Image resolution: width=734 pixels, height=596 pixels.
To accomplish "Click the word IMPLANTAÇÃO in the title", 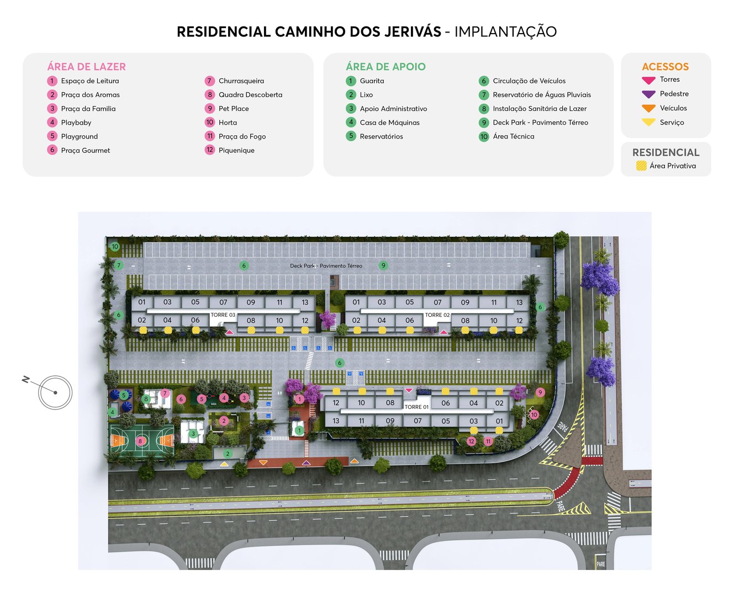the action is coord(505,31).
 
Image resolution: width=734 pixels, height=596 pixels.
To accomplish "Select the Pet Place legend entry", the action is coord(234,109).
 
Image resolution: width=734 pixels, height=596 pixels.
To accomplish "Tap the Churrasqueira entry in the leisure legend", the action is coord(241,81).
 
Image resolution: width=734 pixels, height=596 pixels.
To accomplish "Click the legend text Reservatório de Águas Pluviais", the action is coord(541,95).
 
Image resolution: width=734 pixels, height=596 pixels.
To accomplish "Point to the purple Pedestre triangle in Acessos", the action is coord(648,94).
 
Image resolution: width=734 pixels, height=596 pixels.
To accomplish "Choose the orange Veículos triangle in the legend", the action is coord(648,108).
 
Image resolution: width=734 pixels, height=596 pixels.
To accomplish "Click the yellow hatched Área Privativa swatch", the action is coord(641,166).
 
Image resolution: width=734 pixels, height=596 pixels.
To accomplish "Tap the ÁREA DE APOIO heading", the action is coord(386,67).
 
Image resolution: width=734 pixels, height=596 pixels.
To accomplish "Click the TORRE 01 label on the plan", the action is coord(416,407).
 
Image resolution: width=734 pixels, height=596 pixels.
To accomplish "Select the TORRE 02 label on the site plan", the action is coord(437,315).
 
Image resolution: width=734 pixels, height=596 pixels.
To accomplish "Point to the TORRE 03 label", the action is coord(223,315).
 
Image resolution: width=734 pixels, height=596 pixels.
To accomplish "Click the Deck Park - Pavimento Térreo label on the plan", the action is coord(326,266).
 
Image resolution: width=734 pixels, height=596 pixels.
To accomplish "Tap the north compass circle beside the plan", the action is coord(55,392).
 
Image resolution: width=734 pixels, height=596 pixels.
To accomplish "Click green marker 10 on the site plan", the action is coord(115,247).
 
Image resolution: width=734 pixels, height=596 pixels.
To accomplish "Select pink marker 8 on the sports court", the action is coord(140,441).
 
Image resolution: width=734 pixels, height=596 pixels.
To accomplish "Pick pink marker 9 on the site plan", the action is coord(540,392).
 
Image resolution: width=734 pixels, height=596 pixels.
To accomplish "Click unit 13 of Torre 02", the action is coord(519,302).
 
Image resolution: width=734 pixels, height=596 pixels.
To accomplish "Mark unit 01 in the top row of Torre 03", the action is coord(142,302).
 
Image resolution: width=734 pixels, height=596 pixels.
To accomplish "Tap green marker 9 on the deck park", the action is coord(383,265).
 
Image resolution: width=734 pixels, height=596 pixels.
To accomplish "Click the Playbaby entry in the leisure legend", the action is coord(76,123).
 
